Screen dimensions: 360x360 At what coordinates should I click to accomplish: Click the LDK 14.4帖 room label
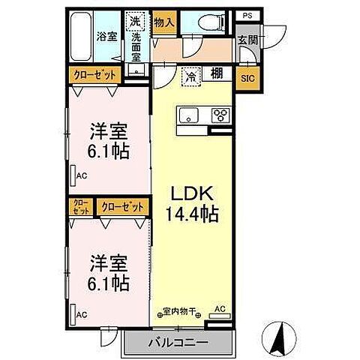click(191, 203)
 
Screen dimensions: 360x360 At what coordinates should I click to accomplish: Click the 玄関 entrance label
click(247, 40)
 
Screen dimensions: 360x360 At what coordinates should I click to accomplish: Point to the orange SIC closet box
click(247, 76)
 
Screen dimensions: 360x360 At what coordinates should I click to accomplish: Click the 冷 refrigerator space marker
click(190, 76)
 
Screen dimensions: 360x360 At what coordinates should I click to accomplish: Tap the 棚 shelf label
click(215, 74)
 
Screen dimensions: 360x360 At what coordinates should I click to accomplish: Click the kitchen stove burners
click(221, 115)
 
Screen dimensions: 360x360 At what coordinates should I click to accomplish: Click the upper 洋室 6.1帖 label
click(107, 140)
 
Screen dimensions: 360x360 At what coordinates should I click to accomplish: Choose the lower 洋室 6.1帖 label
click(107, 275)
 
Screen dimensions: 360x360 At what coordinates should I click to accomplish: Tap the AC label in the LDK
click(220, 308)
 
